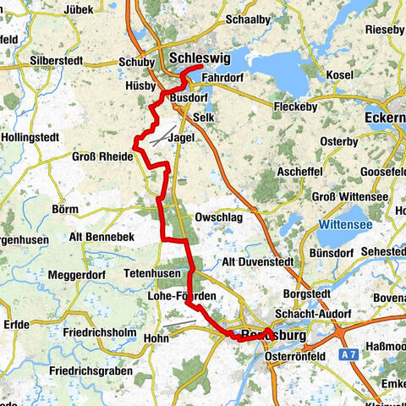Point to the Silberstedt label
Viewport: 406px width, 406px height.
pos(60,62)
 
